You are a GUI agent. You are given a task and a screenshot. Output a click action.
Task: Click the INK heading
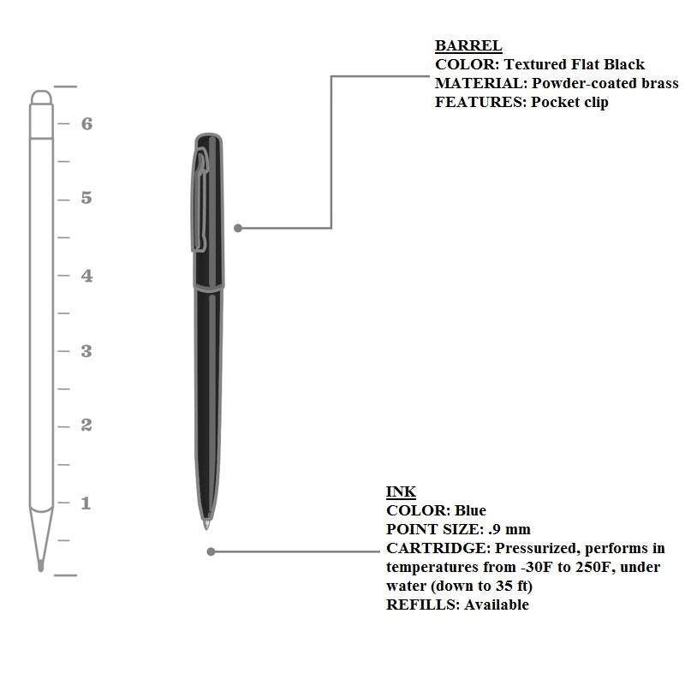pos(401,491)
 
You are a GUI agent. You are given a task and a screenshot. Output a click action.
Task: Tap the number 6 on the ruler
pos(86,123)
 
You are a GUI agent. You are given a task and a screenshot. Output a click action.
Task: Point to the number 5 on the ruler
pos(86,199)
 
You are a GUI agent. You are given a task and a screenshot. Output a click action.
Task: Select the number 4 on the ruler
pos(86,275)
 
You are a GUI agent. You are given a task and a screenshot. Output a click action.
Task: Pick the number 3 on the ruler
pos(86,351)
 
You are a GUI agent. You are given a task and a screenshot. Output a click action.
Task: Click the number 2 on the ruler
pos(86,426)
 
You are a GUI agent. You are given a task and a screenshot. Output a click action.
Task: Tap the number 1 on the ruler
pos(86,503)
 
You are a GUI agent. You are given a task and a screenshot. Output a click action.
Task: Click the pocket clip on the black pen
pos(200,201)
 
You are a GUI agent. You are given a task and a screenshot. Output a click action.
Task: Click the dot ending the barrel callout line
pos(238,228)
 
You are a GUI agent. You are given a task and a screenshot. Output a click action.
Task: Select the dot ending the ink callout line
pos(211,551)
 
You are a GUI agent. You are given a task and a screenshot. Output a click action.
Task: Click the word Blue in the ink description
pos(470,510)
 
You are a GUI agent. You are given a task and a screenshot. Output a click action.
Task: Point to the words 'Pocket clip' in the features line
pos(569,102)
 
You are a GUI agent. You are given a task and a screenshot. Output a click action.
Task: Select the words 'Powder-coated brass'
pos(605,83)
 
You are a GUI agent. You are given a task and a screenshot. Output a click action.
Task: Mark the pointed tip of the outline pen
pos(40,566)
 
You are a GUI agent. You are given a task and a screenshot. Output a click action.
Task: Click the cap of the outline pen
pos(41,114)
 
